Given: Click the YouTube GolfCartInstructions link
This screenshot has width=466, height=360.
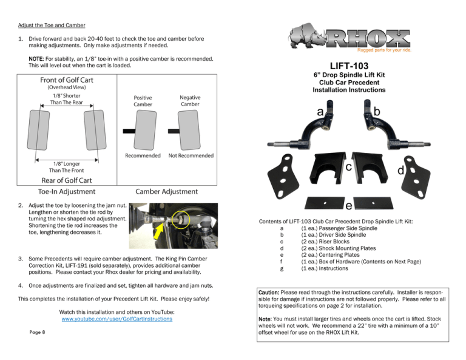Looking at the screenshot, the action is tap(116, 319).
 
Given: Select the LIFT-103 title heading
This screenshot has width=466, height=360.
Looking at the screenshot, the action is tap(349, 66).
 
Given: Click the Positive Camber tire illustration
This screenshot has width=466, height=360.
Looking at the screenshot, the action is tap(145, 130).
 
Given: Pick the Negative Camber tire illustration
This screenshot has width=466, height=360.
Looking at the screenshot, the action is tap(189, 130).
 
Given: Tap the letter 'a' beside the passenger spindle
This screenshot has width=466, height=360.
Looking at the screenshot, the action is tap(320, 112).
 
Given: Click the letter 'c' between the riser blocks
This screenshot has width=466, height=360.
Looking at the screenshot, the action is tap(349, 167).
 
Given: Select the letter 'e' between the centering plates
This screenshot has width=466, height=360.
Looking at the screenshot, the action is tap(349, 206).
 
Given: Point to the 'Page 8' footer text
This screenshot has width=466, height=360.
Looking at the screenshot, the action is tap(37, 332).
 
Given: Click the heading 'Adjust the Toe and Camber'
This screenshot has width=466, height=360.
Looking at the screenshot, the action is tap(52, 25).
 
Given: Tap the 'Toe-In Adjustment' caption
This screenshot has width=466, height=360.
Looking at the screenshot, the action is tap(67, 192).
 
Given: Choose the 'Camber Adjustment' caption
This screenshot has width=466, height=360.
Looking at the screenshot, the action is tap(166, 192).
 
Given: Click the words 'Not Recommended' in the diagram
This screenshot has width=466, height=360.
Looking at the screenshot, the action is tap(191, 155).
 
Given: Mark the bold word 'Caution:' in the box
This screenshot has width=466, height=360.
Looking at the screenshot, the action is tap(269, 293).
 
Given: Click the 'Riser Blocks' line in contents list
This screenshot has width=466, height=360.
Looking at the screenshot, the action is tap(325, 242).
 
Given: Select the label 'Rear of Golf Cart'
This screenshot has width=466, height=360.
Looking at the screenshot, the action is tap(67, 180).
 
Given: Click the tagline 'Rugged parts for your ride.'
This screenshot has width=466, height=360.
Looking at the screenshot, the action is tap(384, 50).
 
